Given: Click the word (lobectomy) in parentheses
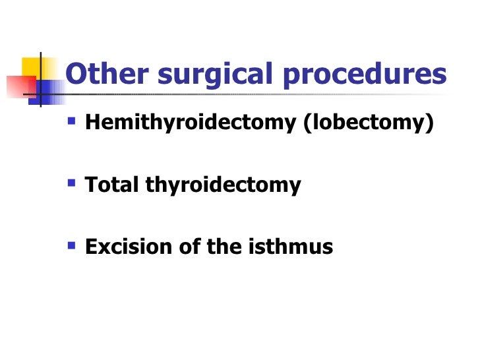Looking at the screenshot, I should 369,124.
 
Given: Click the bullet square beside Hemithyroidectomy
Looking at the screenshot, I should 71,123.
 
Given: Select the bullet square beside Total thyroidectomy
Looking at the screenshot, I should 71,183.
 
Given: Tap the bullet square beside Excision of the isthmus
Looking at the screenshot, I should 71,245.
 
